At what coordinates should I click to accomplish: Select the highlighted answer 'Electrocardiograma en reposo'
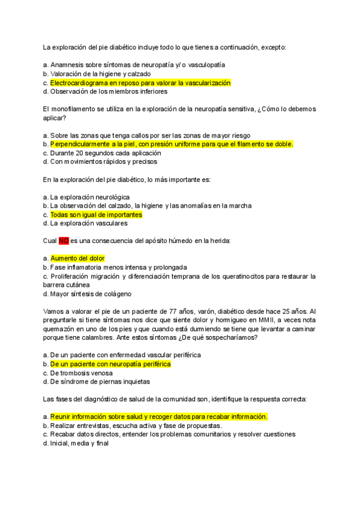pos(140,83)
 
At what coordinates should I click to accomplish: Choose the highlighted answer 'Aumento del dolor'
pos(77,258)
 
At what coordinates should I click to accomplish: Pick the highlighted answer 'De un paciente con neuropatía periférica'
pos(110,364)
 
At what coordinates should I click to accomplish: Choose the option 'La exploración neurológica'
pos(89,197)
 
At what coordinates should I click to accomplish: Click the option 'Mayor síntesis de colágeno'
pos(91,294)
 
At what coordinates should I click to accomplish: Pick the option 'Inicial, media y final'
pos(79,443)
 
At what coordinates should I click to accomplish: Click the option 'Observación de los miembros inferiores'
pos(109,92)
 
